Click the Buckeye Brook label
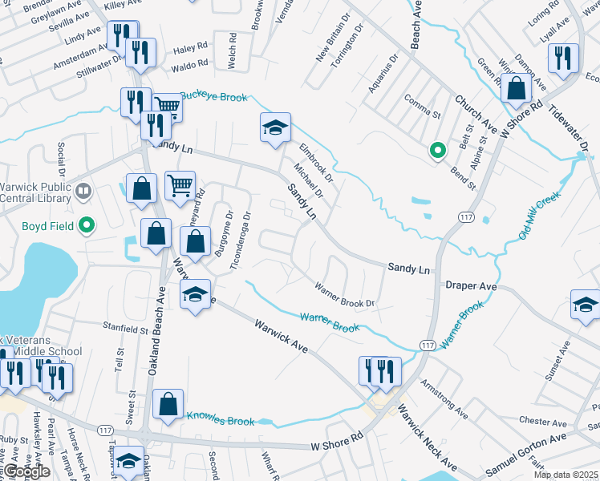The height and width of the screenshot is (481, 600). (x=214, y=95)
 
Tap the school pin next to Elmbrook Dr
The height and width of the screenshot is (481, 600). (x=274, y=127)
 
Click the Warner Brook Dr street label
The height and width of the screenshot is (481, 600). (x=345, y=294)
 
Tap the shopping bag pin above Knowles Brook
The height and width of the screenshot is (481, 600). (x=168, y=406)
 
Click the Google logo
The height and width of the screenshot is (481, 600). (x=26, y=471)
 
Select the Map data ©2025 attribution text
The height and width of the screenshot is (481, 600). (x=566, y=475)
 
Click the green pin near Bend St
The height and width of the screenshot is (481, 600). (x=437, y=149)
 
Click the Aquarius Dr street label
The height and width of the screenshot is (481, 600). (x=383, y=73)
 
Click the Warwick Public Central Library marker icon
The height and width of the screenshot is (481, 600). (x=83, y=192)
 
